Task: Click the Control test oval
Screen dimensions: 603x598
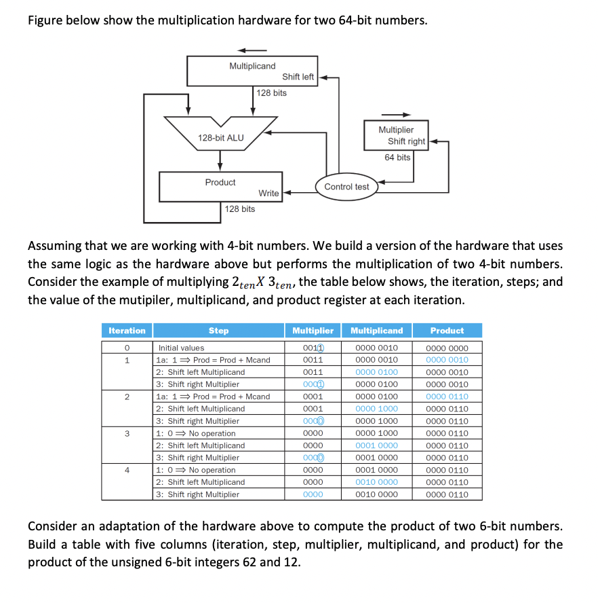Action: coord(346,186)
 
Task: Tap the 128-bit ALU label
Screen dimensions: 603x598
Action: coord(220,138)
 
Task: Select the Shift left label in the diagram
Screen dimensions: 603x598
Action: coord(298,77)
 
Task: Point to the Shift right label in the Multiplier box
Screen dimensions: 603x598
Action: coord(406,141)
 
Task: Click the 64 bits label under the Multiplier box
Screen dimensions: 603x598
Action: coord(397,158)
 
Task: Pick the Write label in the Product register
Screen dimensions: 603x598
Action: coord(268,194)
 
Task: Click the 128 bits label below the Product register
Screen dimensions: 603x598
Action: coord(240,209)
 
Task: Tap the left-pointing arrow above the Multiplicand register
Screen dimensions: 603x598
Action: coord(252,50)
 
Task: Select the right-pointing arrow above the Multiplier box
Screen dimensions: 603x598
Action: coord(397,114)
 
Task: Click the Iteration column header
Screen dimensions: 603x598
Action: coord(127,331)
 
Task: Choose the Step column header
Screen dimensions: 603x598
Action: coord(218,331)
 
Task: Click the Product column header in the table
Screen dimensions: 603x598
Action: coord(447,331)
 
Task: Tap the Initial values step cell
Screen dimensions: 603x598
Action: coord(181,348)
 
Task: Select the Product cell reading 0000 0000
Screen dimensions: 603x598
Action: coord(447,348)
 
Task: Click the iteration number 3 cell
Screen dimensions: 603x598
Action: coord(127,433)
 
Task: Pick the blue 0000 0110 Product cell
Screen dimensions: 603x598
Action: coord(447,397)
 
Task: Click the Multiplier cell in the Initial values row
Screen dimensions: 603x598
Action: coord(313,348)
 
